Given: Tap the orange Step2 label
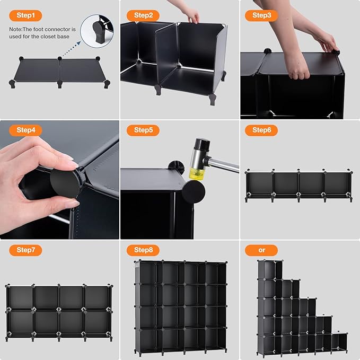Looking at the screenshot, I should pos(143,15).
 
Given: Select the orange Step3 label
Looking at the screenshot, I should pos(261,15).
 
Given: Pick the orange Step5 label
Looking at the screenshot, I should pos(143,130).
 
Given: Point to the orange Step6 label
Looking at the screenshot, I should pos(261,130).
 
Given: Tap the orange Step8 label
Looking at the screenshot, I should pos(143,250).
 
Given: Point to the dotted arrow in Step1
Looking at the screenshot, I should pos(69,47).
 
